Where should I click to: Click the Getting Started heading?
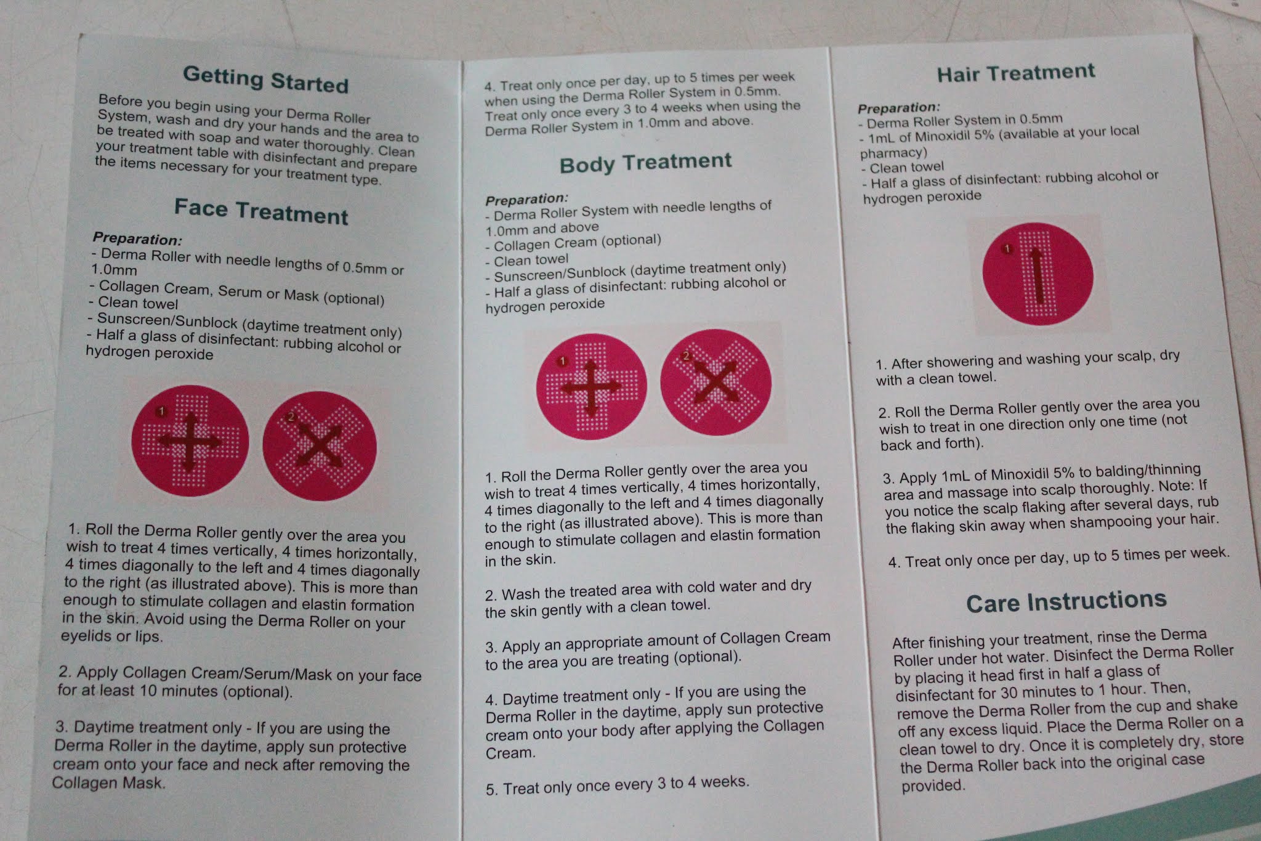(x=266, y=79)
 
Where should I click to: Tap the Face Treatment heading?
(x=261, y=211)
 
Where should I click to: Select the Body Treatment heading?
(x=645, y=163)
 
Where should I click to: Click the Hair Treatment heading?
(x=1016, y=73)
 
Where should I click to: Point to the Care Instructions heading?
(x=1066, y=601)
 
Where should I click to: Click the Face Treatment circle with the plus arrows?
(x=190, y=444)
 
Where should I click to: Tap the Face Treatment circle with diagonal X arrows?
(x=320, y=446)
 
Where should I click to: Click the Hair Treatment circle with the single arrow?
(x=1037, y=274)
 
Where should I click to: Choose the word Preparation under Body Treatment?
(x=526, y=199)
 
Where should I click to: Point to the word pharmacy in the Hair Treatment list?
(x=892, y=153)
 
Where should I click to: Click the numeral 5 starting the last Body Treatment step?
(x=491, y=790)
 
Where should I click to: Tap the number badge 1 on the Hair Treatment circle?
(x=1007, y=249)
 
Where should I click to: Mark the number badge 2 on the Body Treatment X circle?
(x=687, y=356)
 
